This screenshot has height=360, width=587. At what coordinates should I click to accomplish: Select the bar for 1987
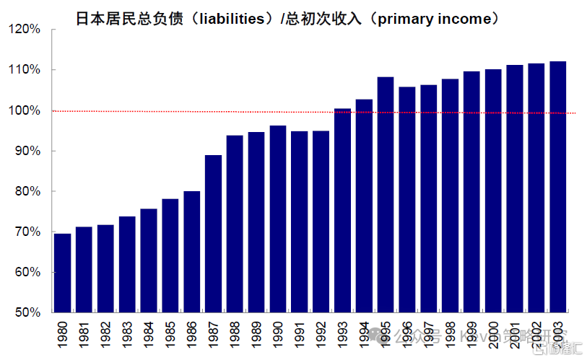click(213, 234)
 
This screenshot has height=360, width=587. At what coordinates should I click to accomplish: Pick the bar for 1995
click(386, 194)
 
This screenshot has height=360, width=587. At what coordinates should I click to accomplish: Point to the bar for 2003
click(557, 187)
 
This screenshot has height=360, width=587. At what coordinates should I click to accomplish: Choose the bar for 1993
click(342, 210)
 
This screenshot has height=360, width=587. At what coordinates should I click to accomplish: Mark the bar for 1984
click(149, 260)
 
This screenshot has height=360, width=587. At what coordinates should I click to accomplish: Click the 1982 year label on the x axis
click(106, 335)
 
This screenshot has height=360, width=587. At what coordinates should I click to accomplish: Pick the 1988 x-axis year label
click(235, 335)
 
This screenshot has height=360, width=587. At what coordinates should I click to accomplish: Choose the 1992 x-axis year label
click(321, 335)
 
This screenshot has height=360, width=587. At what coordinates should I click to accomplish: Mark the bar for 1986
click(192, 252)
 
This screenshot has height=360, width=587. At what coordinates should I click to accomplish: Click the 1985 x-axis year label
click(170, 335)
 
